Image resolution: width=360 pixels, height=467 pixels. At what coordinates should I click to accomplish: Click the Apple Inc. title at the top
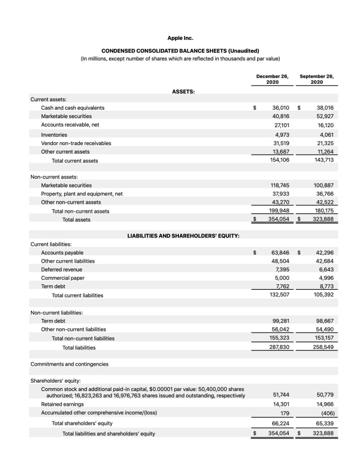180,38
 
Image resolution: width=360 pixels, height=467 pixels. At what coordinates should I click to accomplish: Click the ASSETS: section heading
183,91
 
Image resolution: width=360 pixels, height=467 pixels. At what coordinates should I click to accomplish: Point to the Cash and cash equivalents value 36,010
280,107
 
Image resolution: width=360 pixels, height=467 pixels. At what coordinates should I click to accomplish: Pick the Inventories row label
54,134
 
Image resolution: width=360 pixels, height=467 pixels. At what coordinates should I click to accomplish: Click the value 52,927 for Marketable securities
325,116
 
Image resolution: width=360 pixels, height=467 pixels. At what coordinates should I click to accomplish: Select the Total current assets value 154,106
280,160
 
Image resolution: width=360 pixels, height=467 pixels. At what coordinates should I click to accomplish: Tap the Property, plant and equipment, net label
82,194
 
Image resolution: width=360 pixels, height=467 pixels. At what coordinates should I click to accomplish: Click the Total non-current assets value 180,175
325,211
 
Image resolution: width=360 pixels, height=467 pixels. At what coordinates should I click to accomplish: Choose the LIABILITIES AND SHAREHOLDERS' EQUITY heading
183,235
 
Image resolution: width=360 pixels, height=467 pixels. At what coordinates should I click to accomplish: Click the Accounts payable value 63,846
280,253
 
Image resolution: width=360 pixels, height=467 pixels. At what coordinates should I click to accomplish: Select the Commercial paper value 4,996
326,277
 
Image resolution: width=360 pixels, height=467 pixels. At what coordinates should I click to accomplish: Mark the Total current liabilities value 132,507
280,295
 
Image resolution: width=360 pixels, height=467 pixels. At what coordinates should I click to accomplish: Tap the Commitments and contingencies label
69,364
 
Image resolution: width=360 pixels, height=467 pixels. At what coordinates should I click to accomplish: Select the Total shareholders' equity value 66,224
280,423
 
